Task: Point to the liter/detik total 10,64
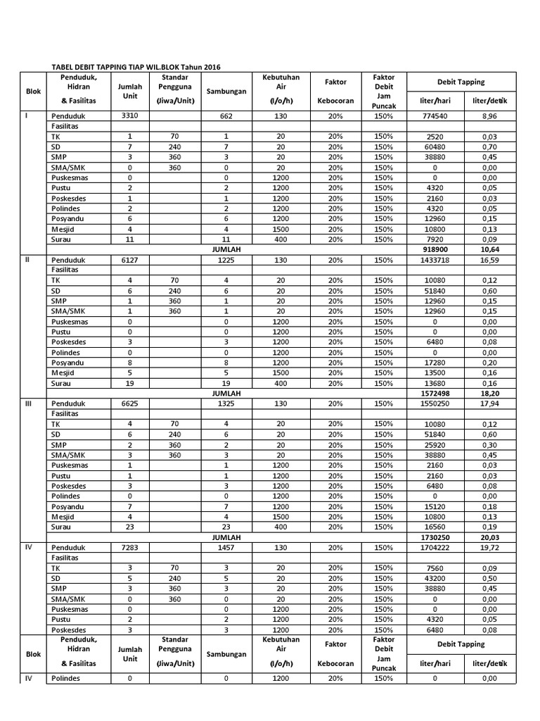pos(489,249)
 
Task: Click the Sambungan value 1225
pos(226,260)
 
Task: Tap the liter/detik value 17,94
pos(489,403)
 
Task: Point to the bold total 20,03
pos(489,537)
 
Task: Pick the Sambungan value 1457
pos(226,547)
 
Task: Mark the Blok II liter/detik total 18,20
pos(489,393)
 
